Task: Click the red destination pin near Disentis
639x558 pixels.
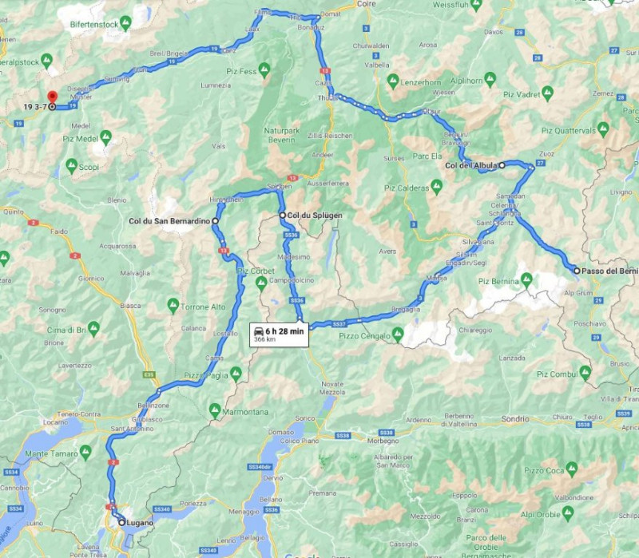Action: pyautogui.click(x=52, y=96)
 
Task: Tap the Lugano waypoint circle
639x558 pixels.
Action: pyautogui.click(x=121, y=522)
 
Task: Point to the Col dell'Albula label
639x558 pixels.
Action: pyautogui.click(x=471, y=165)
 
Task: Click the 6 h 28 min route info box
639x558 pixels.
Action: pyautogui.click(x=279, y=334)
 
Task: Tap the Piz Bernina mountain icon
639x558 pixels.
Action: pyautogui.click(x=526, y=281)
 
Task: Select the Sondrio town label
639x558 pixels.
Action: pyautogui.click(x=515, y=418)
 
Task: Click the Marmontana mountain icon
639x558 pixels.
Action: pyautogui.click(x=214, y=410)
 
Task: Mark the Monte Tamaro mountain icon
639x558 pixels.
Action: pyautogui.click(x=84, y=453)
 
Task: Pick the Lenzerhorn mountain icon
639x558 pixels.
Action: pyautogui.click(x=394, y=82)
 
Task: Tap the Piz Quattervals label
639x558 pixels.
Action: pyautogui.click(x=569, y=129)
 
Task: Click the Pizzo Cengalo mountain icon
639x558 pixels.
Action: pyautogui.click(x=398, y=332)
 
